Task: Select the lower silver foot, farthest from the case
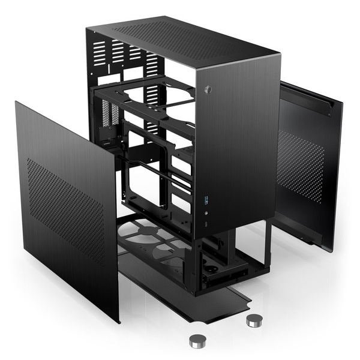[197, 341]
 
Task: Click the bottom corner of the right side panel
[329, 250]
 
